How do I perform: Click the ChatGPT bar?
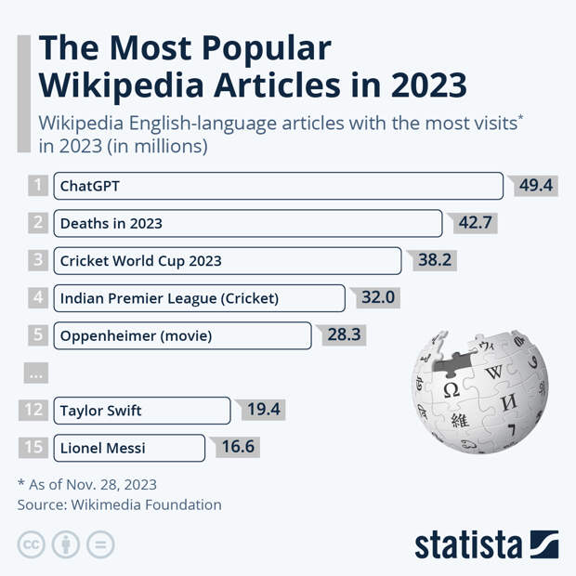click(x=278, y=186)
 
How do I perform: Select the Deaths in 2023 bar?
click(x=247, y=223)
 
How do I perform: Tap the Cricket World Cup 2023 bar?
click(x=227, y=260)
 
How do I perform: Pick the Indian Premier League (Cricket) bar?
click(x=199, y=298)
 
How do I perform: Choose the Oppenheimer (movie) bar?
click(x=182, y=335)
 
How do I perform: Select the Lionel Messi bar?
click(x=128, y=448)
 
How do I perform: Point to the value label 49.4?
click(x=535, y=186)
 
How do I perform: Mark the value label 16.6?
click(x=237, y=448)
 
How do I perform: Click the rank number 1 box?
click(x=37, y=186)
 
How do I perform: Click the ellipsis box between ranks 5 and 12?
click(x=37, y=373)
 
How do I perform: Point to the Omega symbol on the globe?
click(x=451, y=389)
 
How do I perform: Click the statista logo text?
click(x=469, y=544)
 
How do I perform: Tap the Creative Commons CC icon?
click(x=31, y=544)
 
